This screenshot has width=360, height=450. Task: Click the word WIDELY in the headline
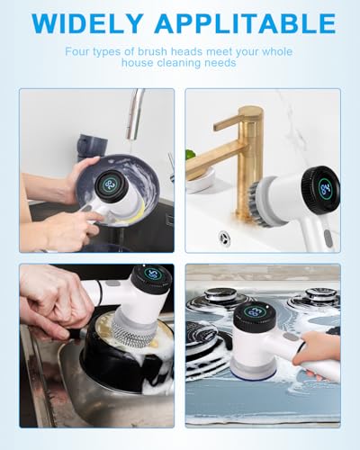click(x=86, y=22)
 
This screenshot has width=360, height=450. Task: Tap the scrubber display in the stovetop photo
click(x=255, y=314)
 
